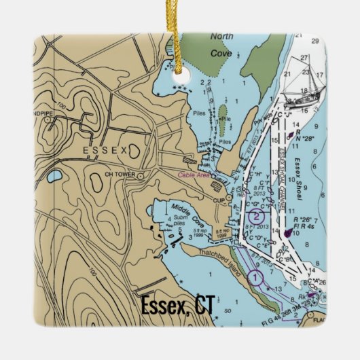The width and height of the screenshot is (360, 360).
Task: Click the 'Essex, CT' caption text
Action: point(176,306)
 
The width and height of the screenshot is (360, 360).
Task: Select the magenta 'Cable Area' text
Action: point(194,175)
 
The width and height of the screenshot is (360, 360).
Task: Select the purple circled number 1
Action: point(254,277)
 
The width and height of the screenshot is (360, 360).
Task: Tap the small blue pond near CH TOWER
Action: point(54,177)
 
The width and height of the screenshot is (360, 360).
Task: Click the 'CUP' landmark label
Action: point(218,200)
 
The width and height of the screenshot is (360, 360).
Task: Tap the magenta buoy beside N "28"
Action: point(290,135)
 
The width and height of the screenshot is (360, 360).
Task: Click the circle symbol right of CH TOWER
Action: point(140,175)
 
